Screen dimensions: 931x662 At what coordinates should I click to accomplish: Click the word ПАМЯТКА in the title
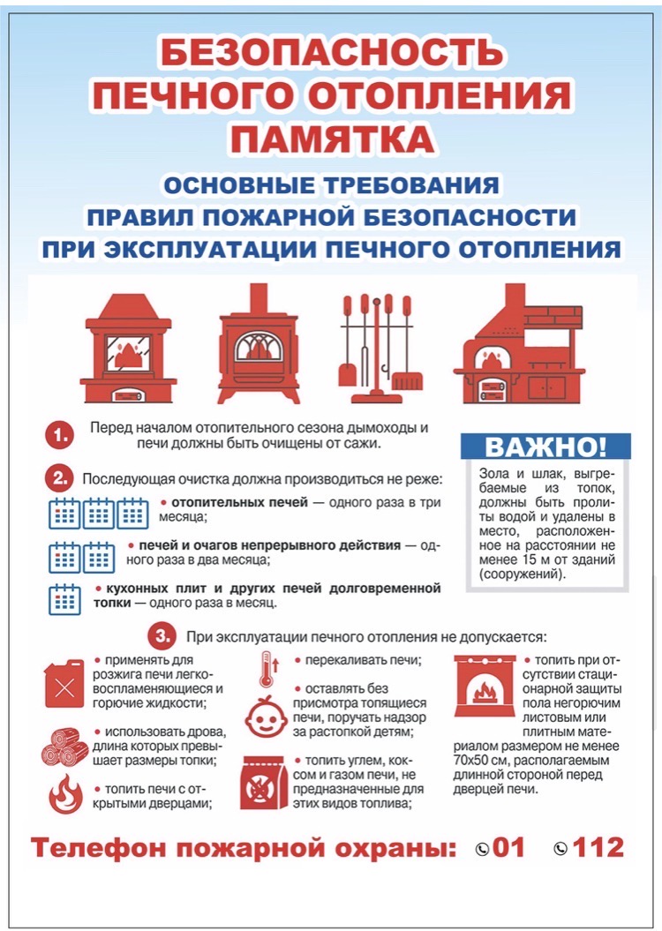click(331, 139)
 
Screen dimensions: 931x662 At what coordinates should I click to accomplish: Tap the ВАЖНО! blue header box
click(545, 447)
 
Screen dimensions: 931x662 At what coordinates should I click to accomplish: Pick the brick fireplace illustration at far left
click(128, 347)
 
